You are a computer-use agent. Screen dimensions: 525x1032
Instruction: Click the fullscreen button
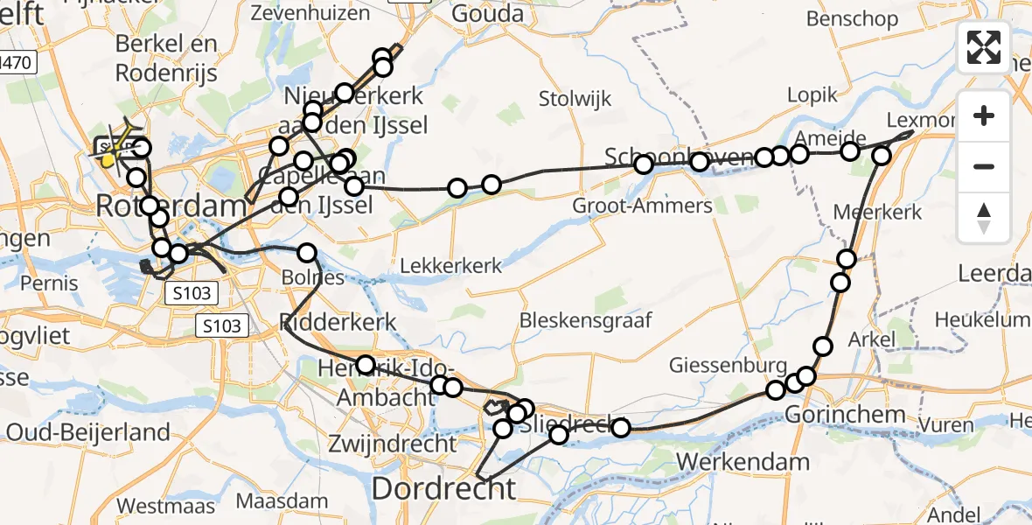984,47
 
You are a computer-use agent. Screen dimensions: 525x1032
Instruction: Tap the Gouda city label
487,13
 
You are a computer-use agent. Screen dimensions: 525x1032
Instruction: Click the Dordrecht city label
443,488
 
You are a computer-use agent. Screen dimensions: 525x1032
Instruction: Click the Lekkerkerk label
451,264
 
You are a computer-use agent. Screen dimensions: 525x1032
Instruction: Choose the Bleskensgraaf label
586,320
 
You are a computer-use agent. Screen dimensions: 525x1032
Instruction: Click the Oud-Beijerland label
87,431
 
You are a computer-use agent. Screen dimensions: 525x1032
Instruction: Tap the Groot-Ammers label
643,206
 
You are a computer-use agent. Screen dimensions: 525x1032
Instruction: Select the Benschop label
851,18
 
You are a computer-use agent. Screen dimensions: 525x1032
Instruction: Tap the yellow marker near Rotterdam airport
108,160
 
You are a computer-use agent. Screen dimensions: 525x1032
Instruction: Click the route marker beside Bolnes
307,253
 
